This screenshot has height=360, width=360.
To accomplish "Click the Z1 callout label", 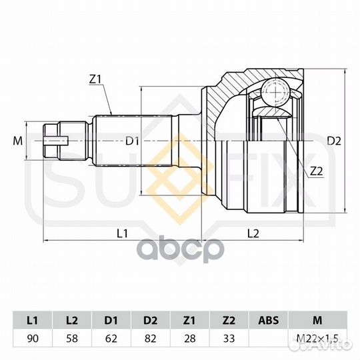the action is tap(95, 79).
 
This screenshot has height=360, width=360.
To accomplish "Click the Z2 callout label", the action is tap(316, 171).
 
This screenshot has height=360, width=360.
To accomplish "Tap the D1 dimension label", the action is tap(132, 141).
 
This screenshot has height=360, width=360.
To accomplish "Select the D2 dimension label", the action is tap(334, 141).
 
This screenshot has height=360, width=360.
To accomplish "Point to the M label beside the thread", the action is tap(18, 141).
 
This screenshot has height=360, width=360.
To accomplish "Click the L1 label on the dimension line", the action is tap(122, 233).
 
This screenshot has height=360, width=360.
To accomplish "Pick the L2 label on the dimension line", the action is tap(253, 233).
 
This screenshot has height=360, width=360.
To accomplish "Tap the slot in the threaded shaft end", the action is tap(56, 141).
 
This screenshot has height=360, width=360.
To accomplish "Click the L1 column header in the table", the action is tap(33, 320).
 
